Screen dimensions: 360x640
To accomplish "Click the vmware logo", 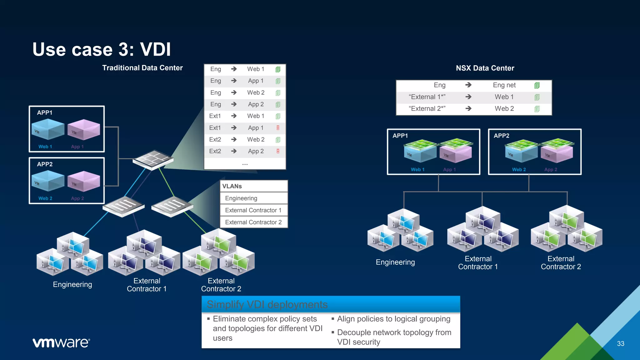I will coord(61,343).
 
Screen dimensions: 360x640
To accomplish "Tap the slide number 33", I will coord(620,343).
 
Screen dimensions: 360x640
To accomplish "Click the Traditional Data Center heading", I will coord(142,68).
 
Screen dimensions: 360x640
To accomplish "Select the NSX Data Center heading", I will coord(485,68).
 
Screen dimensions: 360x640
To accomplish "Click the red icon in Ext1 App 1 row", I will coord(278,127).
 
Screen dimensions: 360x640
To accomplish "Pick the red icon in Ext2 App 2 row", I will coord(278,151).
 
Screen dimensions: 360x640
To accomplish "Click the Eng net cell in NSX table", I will coord(504,85).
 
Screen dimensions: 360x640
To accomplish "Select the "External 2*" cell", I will coord(427,108).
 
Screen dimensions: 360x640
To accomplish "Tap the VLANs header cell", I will coord(232,186).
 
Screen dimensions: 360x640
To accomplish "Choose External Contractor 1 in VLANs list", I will coord(253,210).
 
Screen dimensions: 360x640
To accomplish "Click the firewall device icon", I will coord(153,159).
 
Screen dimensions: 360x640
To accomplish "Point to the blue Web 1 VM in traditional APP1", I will coord(47,129).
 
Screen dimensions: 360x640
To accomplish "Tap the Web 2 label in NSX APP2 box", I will coord(519,169).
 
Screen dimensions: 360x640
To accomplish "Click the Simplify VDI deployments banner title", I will coord(267,304).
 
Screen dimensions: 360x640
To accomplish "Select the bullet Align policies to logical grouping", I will coord(393,319).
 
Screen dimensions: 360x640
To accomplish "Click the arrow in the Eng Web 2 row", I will coord(234,92).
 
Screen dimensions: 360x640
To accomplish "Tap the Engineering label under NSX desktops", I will coord(395,262).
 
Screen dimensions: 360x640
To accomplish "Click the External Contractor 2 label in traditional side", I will coord(221,285).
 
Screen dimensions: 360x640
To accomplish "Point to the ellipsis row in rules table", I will coord(245,164).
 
